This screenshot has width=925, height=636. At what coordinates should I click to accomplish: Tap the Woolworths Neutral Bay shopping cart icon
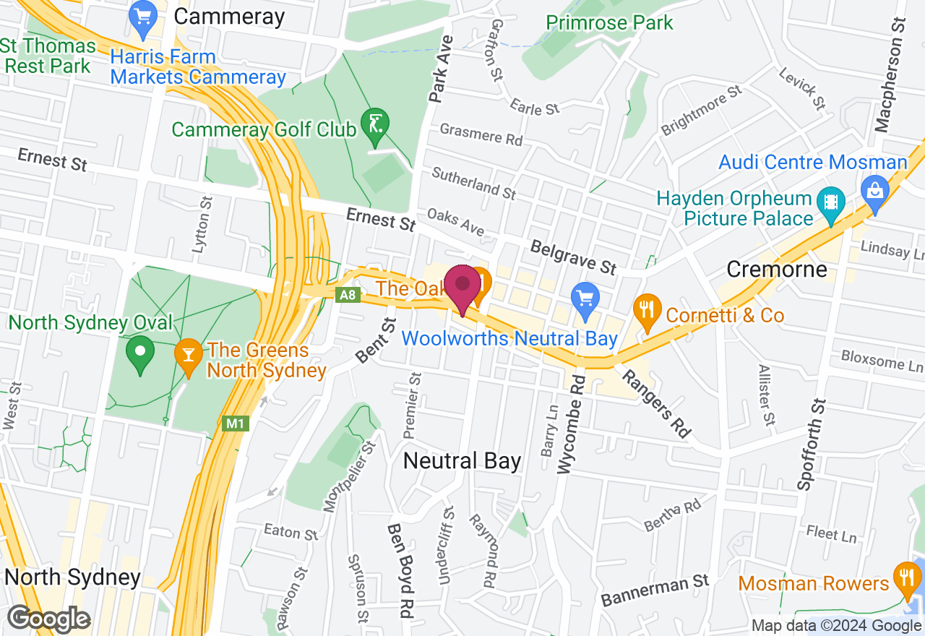[x=585, y=297]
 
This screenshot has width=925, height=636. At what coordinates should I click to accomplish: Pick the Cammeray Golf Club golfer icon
[x=375, y=123]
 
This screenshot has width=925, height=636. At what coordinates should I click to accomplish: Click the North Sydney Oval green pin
[x=140, y=353]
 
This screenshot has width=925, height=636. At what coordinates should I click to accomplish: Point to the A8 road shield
[x=348, y=295]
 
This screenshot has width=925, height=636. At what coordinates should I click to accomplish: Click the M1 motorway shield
[x=235, y=424]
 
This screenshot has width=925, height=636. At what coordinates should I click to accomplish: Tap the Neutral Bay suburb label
[x=462, y=460]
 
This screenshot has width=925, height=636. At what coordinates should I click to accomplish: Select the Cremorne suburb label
[x=776, y=270]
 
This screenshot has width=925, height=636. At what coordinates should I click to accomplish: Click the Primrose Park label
[x=609, y=22]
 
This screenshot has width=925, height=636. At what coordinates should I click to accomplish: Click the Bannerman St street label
[x=655, y=589]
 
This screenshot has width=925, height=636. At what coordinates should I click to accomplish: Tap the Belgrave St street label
[x=573, y=258]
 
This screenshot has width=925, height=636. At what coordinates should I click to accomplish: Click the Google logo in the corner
[x=48, y=619]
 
